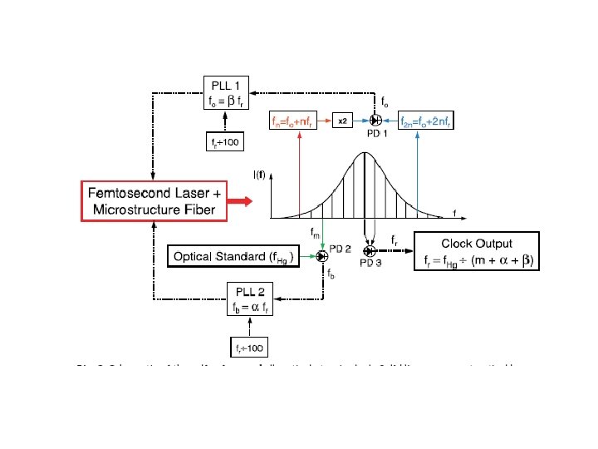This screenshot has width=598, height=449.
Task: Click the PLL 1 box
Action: tap(227, 92)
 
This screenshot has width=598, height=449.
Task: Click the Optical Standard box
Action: tap(234, 257)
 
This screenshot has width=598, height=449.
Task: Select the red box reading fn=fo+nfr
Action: tap(297, 122)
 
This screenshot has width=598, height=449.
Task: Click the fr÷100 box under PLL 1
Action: tap(223, 142)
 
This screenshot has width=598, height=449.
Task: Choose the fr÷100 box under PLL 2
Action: tap(248, 345)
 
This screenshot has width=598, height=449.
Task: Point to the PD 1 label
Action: tap(378, 134)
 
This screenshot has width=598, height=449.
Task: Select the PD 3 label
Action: tap(371, 263)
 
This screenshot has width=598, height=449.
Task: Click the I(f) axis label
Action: tap(261, 174)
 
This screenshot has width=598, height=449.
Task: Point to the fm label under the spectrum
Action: tap(316, 234)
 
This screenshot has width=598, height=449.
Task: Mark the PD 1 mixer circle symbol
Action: tap(375, 121)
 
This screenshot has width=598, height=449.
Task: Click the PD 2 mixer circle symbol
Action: tap(322, 256)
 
